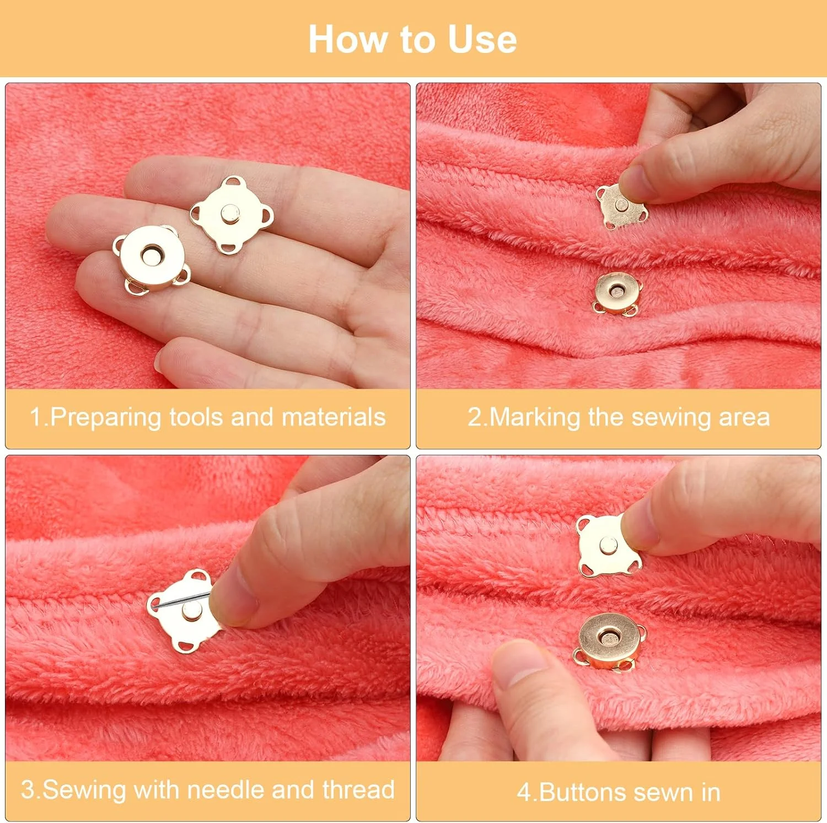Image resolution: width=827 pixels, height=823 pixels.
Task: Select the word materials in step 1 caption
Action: point(334,417)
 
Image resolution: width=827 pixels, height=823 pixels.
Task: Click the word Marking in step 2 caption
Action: point(534,418)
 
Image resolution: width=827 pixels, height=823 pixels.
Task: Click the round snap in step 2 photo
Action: point(616,293)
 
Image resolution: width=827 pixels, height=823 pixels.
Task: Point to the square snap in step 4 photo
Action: point(608,546)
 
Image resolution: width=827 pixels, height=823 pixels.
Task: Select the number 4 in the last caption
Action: point(524,793)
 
